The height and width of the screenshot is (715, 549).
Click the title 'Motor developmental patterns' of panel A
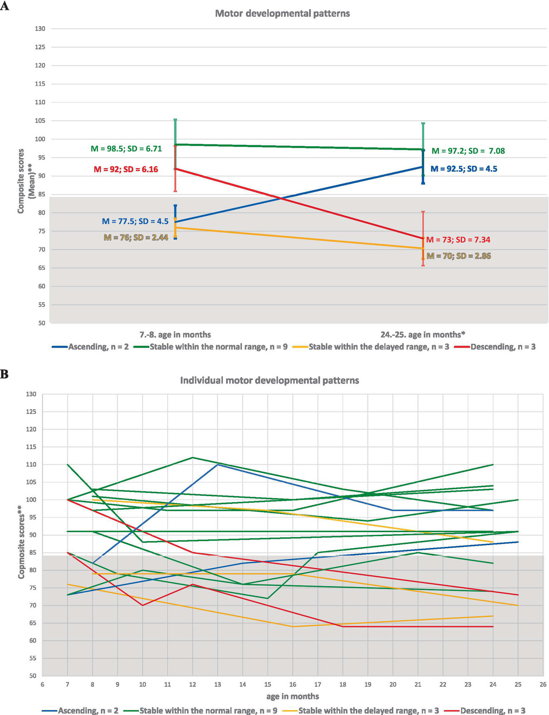[282, 14]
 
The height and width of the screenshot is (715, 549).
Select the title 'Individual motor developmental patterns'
[269, 380]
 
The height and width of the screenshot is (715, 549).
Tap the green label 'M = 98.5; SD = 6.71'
[126, 148]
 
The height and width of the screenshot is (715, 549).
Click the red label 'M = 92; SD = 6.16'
[126, 170]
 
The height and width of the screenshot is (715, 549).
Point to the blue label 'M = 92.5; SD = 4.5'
[464, 169]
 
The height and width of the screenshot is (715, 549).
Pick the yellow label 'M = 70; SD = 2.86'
[459, 256]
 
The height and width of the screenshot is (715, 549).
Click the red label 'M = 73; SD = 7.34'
[458, 240]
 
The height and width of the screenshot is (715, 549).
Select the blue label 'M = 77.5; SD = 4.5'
[135, 221]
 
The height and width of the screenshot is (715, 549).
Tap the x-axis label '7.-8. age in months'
[175, 335]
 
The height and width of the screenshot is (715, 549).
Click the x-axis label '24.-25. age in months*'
[422, 335]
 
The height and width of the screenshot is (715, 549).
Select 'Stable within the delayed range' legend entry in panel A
[378, 347]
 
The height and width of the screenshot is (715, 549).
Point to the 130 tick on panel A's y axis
[40, 29]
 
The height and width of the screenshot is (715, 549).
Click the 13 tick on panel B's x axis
[217, 684]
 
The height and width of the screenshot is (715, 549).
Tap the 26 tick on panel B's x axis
[543, 684]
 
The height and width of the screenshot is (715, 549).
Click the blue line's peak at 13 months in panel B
[218, 464]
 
